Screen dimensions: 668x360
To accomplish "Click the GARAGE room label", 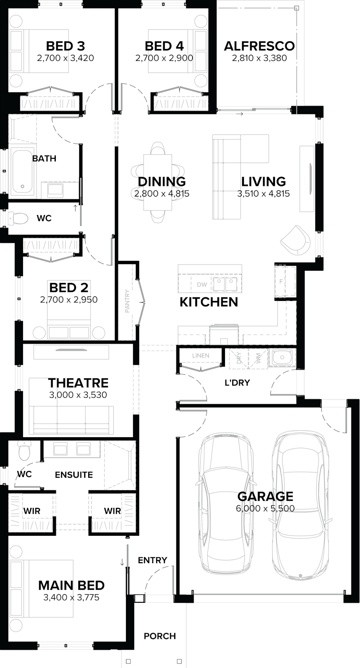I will pos(265,497).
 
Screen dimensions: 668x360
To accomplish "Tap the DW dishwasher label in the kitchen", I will pos(202,284).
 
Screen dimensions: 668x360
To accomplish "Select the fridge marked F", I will pos(281,282).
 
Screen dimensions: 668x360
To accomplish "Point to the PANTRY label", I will pos(127,301).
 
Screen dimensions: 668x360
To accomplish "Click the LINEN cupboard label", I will pos(201,356).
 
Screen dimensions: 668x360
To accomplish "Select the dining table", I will pos(157,182).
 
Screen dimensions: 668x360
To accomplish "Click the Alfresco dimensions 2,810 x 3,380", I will pos(259,58).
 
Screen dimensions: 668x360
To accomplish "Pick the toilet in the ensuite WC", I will pos(24,449).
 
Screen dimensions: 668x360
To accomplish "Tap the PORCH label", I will pos(160,636).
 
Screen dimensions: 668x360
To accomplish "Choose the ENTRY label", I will pos(153,560).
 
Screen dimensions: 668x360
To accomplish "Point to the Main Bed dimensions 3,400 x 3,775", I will pos(71,598).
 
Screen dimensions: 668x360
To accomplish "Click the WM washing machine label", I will pos(258,358).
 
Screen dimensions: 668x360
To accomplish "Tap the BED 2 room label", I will pos(69,287).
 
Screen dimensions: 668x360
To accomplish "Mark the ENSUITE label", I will pos(74,475).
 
